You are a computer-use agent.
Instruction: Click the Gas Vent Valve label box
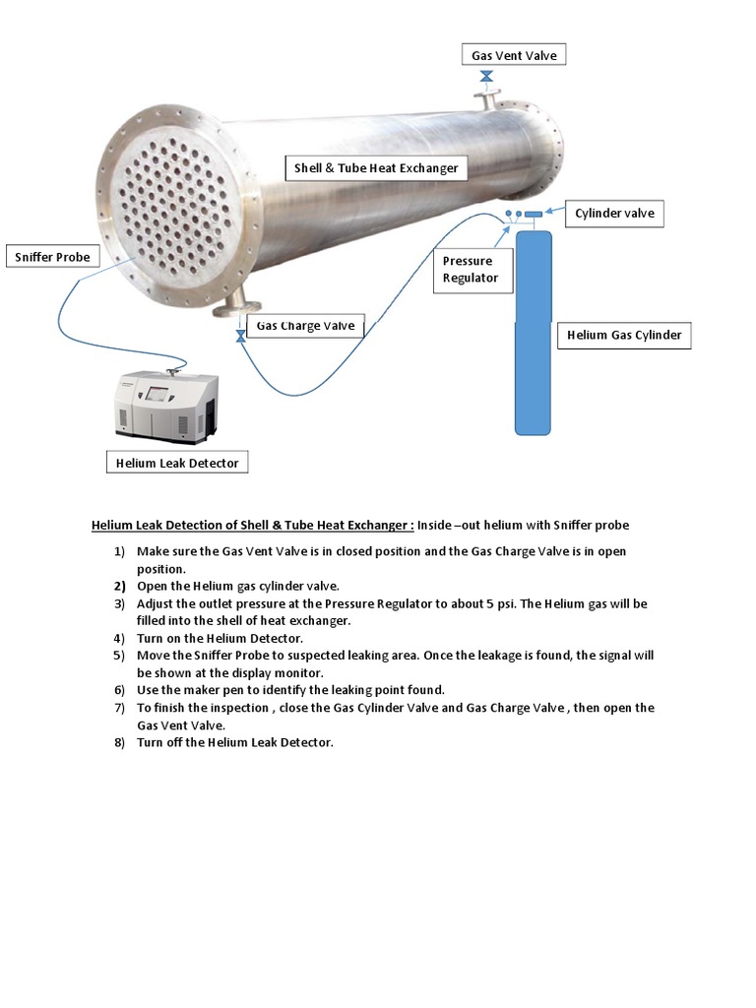click(x=514, y=55)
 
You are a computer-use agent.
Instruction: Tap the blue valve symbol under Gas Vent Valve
click(x=486, y=77)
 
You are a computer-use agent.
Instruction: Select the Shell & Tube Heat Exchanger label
click(x=376, y=168)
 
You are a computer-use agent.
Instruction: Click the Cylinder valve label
click(x=614, y=213)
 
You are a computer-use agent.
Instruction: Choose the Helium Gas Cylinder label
click(x=624, y=335)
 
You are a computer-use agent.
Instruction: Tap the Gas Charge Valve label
click(x=305, y=326)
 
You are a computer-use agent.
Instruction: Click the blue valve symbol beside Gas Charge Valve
click(x=240, y=337)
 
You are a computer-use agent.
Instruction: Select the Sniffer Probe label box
click(x=52, y=257)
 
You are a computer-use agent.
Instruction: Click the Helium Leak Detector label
click(x=177, y=463)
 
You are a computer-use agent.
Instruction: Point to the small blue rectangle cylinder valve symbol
click(x=533, y=214)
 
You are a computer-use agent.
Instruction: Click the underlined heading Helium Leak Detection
click(x=253, y=526)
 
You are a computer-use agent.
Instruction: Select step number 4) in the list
click(x=119, y=638)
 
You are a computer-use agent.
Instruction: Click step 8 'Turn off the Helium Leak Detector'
click(x=234, y=742)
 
